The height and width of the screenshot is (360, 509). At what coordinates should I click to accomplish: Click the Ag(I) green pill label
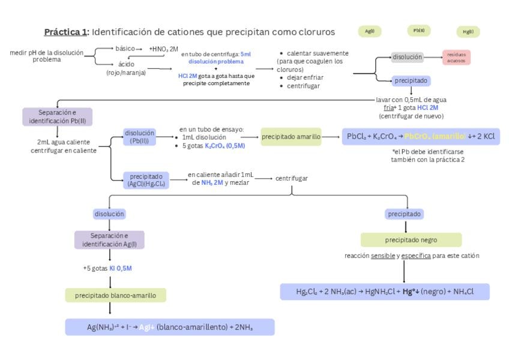[369, 31]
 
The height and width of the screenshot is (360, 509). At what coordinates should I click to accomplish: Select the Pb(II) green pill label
[419, 31]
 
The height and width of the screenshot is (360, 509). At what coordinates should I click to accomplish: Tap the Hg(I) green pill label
[468, 32]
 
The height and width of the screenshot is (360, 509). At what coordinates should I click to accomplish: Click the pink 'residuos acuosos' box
[456, 57]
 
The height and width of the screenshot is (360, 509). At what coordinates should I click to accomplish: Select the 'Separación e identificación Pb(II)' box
[57, 116]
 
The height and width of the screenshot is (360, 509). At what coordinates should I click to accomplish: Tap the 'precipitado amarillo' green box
[291, 137]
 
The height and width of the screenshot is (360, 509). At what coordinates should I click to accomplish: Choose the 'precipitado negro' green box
[411, 240]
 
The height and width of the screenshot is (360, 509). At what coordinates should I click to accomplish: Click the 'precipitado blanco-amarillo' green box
[116, 295]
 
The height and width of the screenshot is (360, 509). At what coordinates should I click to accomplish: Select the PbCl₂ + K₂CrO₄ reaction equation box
[420, 137]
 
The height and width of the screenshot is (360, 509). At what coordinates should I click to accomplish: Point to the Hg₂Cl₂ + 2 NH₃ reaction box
[385, 292]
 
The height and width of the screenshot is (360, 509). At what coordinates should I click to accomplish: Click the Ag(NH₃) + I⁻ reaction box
[169, 327]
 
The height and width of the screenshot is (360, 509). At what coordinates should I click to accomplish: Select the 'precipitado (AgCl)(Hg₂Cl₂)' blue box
[146, 180]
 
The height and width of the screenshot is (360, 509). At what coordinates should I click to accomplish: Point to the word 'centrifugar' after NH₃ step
[291, 178]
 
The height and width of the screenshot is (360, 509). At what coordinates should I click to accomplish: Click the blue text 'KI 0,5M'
[120, 268]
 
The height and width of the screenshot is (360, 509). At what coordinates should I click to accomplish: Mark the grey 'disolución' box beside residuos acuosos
[408, 57]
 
